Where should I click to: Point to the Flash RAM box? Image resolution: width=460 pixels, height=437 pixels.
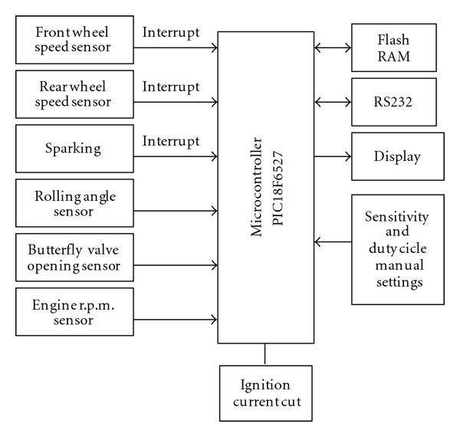tap(393, 48)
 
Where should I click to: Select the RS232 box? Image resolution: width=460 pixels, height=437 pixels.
tap(393, 100)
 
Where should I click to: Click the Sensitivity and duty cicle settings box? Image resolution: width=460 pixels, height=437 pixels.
tap(397, 250)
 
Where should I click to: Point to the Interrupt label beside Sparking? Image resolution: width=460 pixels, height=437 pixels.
tap(171, 141)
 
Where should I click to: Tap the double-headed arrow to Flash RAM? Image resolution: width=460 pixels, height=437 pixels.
tap(333, 48)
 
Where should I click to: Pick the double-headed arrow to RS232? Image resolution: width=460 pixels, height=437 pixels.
tap(333, 100)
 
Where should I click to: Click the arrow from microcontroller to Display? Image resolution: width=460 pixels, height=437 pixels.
tap(333, 156)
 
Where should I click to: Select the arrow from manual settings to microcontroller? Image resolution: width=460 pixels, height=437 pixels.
tap(333, 244)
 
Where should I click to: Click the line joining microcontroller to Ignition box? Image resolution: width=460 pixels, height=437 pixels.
tap(265, 354)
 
